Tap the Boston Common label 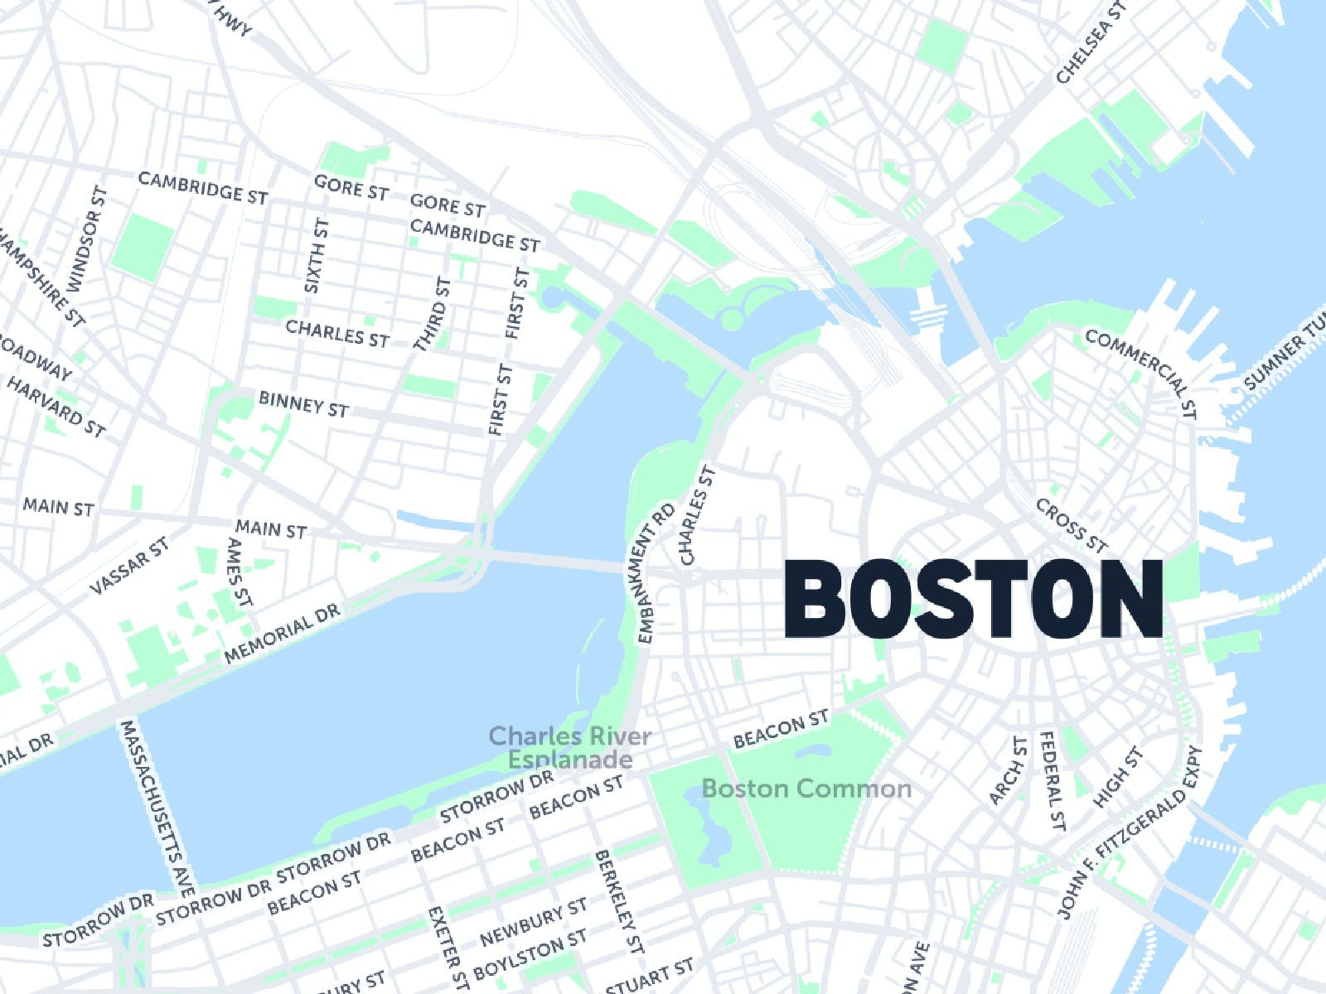pos(806,789)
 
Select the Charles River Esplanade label pos(570,747)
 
